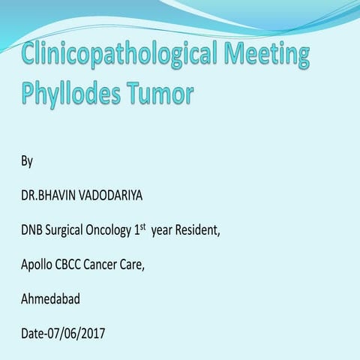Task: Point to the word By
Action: point(26,161)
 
